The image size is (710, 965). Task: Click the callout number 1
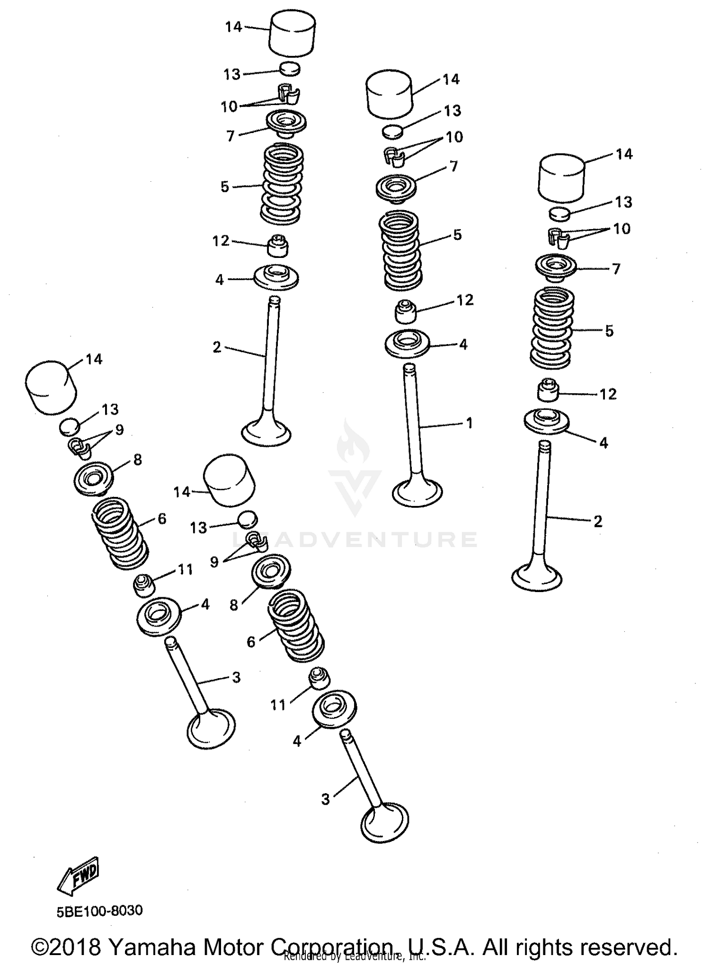point(469,423)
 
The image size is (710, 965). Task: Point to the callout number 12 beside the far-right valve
point(608,394)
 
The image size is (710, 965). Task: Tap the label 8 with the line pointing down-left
point(234,605)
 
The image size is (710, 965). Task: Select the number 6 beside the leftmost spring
point(162,519)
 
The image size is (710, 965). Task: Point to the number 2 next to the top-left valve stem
point(217,347)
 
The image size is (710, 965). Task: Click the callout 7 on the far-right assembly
point(616,269)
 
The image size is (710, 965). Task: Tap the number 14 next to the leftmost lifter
point(94,359)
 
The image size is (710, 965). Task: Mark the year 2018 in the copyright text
point(74,947)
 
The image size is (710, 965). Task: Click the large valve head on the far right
point(537,577)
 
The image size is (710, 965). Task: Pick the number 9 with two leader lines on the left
point(119,430)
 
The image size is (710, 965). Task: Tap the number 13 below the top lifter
point(232,74)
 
